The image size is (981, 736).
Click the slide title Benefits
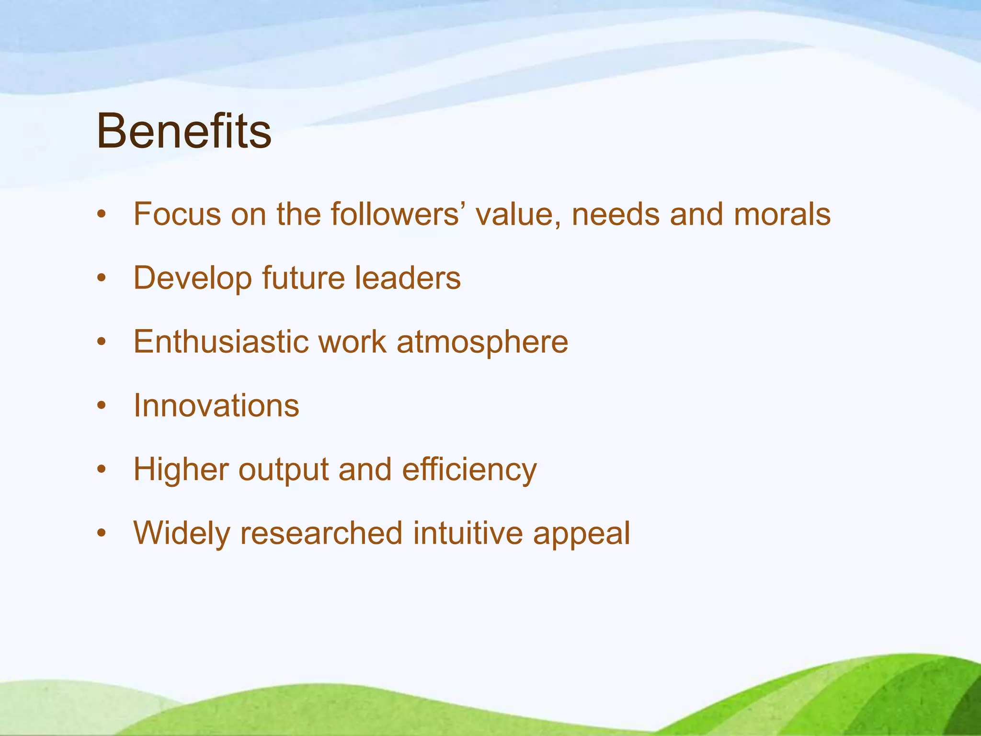(184, 131)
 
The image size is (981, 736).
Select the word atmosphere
(482, 343)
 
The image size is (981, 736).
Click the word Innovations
(217, 405)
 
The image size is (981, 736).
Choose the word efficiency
(469, 470)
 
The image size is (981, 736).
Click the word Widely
(182, 534)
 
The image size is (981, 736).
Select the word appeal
(582, 534)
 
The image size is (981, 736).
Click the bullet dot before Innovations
(101, 406)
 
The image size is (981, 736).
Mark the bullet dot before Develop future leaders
(101, 278)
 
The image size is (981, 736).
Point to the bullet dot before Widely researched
(101, 533)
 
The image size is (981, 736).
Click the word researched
(321, 533)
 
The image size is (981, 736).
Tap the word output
(283, 470)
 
